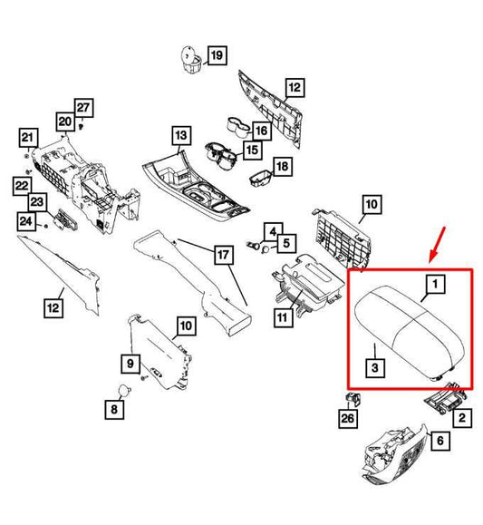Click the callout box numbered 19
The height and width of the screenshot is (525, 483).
click(x=217, y=55)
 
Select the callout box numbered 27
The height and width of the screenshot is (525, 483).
click(x=83, y=108)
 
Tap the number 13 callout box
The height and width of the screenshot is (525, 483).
click(x=181, y=135)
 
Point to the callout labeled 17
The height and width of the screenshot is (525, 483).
click(x=223, y=255)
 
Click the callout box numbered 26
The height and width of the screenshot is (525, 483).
click(x=347, y=418)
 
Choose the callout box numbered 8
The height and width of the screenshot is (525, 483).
click(x=114, y=409)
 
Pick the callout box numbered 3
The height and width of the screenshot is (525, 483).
click(x=375, y=368)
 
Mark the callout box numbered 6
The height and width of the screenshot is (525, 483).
click(x=440, y=441)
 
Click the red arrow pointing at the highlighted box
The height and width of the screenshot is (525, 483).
click(x=437, y=244)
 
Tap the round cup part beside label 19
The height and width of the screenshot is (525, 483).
click(x=191, y=59)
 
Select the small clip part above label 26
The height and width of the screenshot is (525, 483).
click(x=353, y=399)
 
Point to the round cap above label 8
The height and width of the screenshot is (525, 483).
click(x=124, y=391)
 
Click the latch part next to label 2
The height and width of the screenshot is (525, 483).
click(x=445, y=398)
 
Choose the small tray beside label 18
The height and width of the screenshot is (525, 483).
click(x=261, y=179)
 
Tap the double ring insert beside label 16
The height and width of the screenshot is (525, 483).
click(x=238, y=127)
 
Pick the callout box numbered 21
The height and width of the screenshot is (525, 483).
click(x=28, y=138)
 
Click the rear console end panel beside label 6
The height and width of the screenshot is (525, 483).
click(x=395, y=455)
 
